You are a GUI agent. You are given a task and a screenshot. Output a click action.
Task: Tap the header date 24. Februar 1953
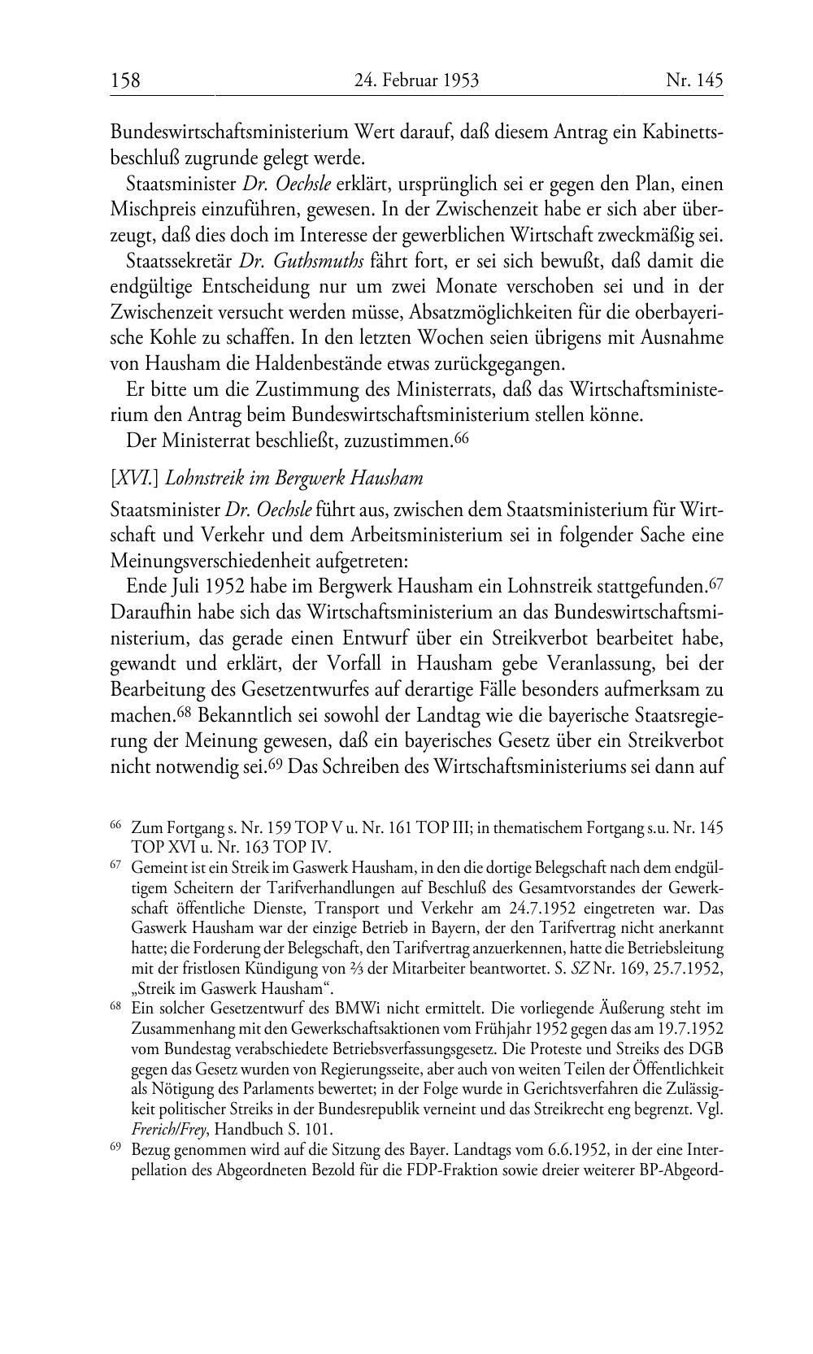coord(416,80)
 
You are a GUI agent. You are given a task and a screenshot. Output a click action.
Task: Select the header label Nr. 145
coord(694,80)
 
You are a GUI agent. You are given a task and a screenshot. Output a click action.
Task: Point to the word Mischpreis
coord(150,210)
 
